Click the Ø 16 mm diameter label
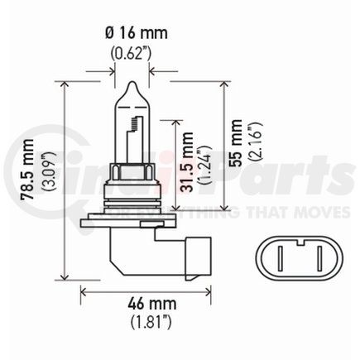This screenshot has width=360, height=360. pos(137,33)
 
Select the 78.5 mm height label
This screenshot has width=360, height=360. pos(28,170)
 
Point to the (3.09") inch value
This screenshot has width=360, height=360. pos(49,171)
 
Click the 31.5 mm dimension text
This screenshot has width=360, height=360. pos(186,162)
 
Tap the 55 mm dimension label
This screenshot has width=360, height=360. pos(235,143)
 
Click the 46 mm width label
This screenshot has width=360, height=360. pos(151,304)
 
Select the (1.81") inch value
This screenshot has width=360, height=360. pos(151,322)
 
